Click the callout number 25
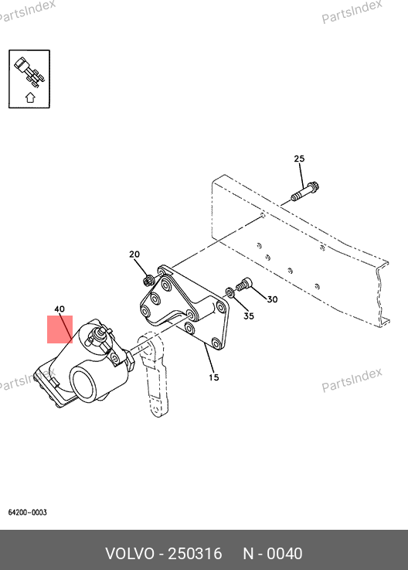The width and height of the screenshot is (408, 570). tap(299, 159)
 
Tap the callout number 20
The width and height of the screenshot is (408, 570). tap(134, 254)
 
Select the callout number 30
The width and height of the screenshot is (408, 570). tap(272, 299)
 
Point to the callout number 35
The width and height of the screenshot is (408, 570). tap(249, 316)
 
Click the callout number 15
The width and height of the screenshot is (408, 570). tap(213, 377)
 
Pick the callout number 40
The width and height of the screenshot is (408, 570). tap(59, 309)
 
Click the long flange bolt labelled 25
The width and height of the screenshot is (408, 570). tap(304, 192)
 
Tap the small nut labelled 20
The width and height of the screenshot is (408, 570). tap(148, 281)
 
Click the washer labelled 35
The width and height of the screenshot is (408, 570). tap(229, 292)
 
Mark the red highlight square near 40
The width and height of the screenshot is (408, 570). tap(60, 329)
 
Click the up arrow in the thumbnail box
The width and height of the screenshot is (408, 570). tap(30, 97)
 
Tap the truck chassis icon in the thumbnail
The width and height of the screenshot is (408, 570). tap(29, 72)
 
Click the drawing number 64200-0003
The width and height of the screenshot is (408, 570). tap(28, 512)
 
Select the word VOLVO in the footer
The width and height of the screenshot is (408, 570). tap(130, 554)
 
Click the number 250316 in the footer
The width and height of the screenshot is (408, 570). tap(195, 554)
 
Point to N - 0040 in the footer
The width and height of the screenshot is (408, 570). tap(273, 554)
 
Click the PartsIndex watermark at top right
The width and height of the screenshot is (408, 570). tap(352, 12)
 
